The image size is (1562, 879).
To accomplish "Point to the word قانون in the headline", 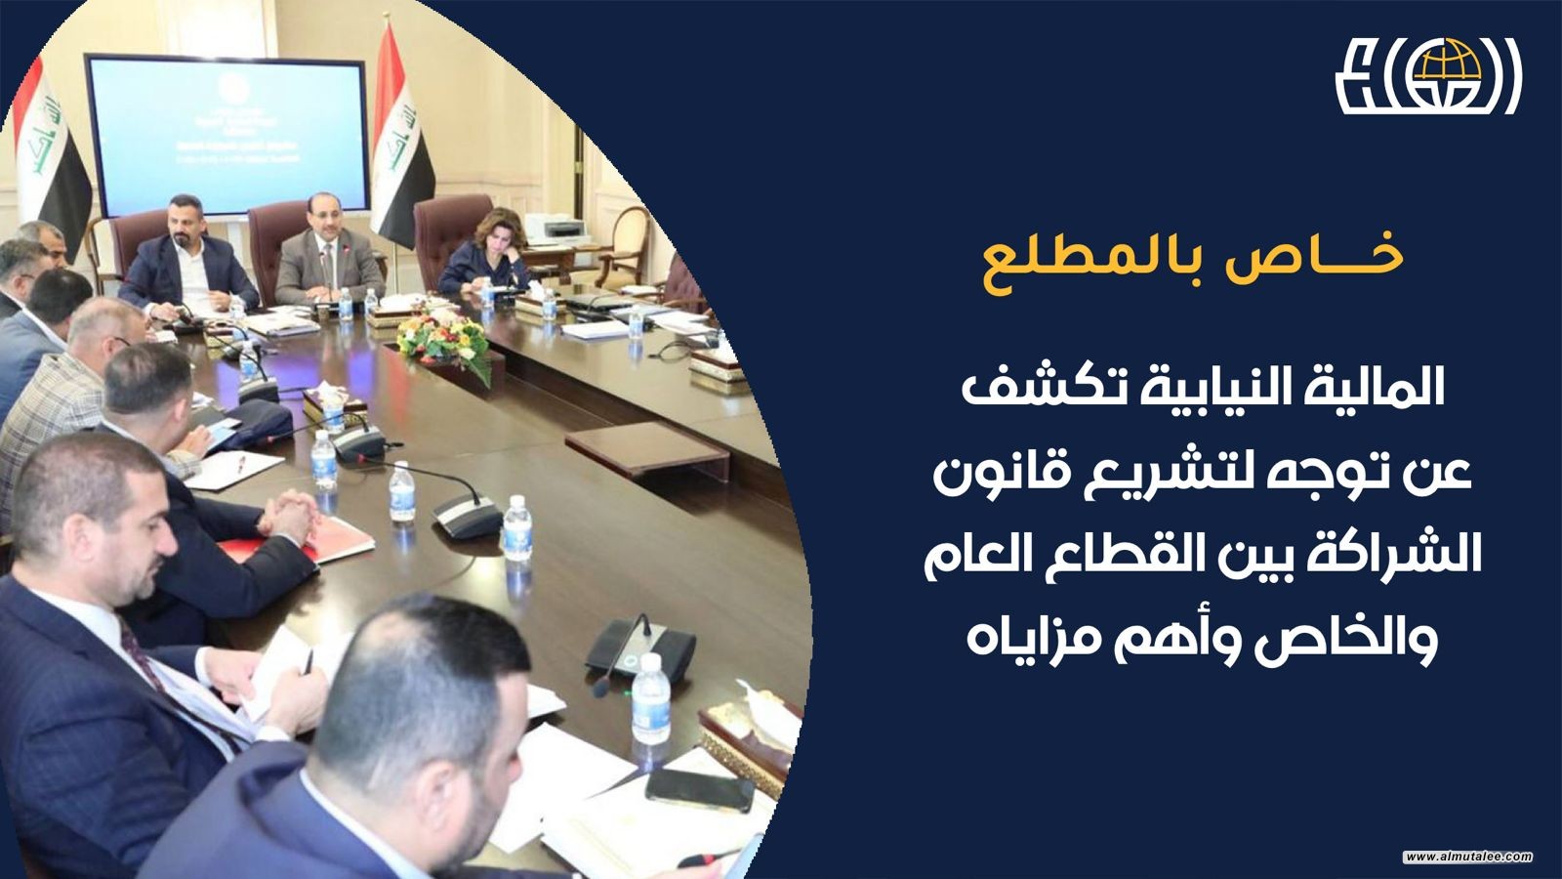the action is click(x=1007, y=476).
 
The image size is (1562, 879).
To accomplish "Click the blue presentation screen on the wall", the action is click(x=226, y=135).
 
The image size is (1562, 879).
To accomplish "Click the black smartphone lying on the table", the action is click(x=699, y=790).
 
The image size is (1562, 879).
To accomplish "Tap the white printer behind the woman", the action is click(x=555, y=229).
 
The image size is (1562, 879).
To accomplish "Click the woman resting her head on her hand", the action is click(x=487, y=252).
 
